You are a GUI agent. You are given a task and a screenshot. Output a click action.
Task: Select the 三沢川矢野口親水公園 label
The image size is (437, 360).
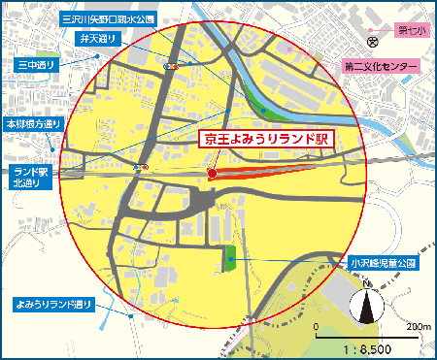pyautogui.click(x=108, y=17)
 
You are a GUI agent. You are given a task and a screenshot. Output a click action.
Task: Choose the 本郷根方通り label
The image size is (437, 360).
pyautogui.click(x=34, y=124)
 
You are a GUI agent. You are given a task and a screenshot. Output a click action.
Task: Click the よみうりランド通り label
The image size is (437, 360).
pyautogui.click(x=54, y=305)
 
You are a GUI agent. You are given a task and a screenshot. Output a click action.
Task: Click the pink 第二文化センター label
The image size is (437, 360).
pyautogui.click(x=380, y=67)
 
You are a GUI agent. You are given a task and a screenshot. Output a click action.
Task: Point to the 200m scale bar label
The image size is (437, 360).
pyautogui.click(x=419, y=326)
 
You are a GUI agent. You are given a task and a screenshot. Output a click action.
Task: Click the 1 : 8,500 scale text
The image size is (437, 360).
pyautogui.click(x=370, y=347)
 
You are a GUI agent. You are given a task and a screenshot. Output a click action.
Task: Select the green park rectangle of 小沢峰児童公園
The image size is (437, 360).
pyautogui.click(x=231, y=258)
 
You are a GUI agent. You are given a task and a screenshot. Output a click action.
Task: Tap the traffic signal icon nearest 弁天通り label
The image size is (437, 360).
pyautogui.click(x=170, y=66)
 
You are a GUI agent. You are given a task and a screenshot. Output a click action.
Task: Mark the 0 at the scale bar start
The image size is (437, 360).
pyautogui.click(x=317, y=326)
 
